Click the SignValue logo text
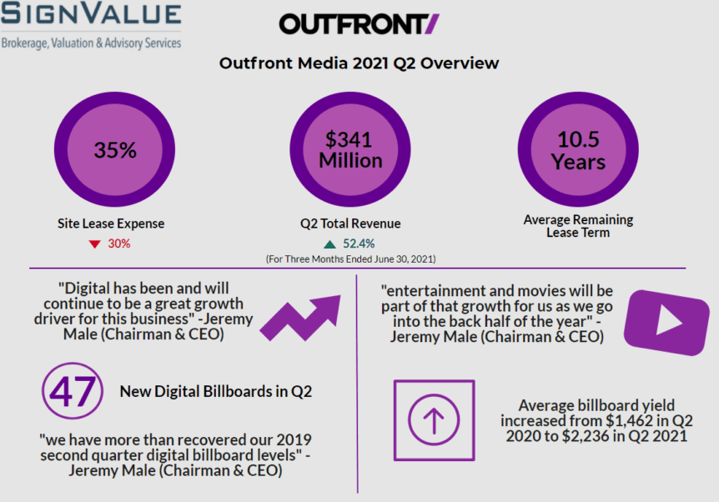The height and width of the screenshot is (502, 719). click(x=91, y=15)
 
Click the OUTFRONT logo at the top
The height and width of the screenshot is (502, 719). click(x=359, y=24)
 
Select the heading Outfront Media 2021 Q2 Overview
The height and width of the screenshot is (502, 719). click(x=359, y=63)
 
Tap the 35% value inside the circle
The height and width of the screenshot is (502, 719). click(x=115, y=150)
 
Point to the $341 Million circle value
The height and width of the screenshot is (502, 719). click(x=349, y=150)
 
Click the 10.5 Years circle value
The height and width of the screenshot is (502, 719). click(x=578, y=150)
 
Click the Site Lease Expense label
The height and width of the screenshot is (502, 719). click(x=111, y=223)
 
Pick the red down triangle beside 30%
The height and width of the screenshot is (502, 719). click(x=93, y=244)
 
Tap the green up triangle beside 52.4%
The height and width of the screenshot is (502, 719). click(x=329, y=244)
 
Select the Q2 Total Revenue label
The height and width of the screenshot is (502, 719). click(x=350, y=223)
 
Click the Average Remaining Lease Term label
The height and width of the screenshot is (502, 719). click(x=578, y=226)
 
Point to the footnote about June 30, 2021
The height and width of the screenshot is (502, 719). click(x=350, y=259)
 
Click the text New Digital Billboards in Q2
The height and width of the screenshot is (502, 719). click(x=216, y=391)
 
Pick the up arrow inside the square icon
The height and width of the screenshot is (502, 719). click(x=434, y=421)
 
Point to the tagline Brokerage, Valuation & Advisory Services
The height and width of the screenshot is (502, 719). click(x=91, y=43)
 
